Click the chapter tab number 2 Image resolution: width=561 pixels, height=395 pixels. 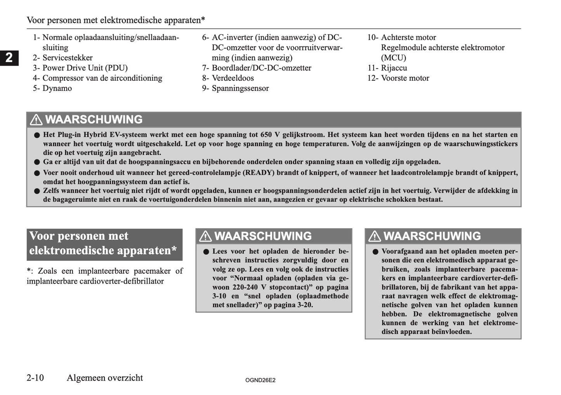(9, 58)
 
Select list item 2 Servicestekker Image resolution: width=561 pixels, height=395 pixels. (63, 58)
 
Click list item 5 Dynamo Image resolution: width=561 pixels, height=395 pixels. (52, 88)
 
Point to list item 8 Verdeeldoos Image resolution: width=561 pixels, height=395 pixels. (228, 78)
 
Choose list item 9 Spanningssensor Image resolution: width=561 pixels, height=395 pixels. (235, 88)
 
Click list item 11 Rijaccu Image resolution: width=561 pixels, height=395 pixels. (387, 68)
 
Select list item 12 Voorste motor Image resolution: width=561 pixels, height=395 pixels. (398, 78)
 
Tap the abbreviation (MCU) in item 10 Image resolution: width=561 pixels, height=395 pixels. (393, 58)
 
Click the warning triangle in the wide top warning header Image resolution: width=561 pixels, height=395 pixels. (36, 120)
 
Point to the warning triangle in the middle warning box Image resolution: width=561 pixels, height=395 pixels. (205, 236)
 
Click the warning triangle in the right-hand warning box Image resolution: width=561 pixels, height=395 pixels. (375, 236)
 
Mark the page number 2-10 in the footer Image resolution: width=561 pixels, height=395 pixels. (35, 378)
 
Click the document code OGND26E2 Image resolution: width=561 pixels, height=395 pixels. (260, 380)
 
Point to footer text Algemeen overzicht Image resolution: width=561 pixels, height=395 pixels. (105, 378)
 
